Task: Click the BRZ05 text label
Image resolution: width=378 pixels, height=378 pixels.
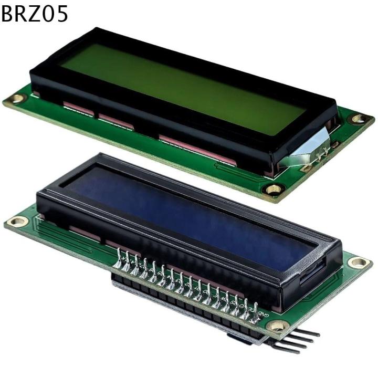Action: pyautogui.click(x=35, y=14)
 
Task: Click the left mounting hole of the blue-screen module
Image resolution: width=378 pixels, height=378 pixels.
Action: pyautogui.click(x=17, y=221)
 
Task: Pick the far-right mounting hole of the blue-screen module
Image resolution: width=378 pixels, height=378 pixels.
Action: pyautogui.click(x=359, y=261)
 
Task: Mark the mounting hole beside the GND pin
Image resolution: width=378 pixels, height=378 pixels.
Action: pyautogui.click(x=277, y=325)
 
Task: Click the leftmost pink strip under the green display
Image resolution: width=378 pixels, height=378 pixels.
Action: pyautogui.click(x=79, y=110)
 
